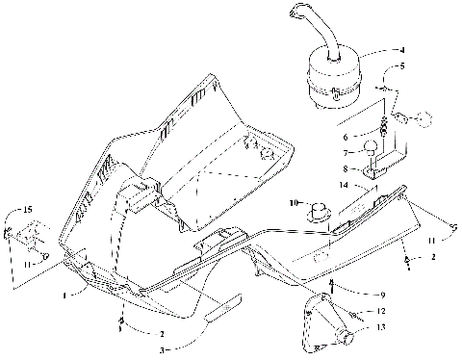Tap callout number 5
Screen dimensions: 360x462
click(403, 65)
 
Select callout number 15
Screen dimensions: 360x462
click(28, 210)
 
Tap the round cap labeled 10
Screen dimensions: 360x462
click(319, 206)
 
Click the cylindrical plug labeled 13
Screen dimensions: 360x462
click(343, 337)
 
